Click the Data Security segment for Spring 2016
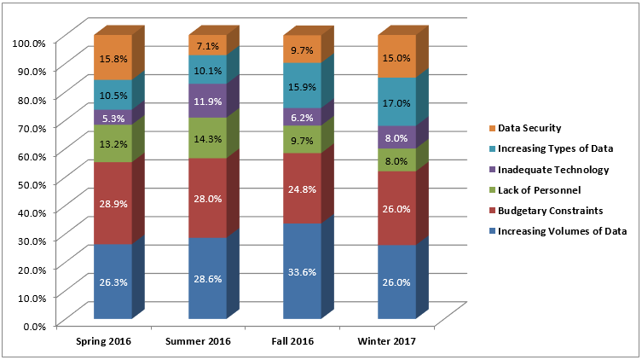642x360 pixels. pyautogui.click(x=113, y=57)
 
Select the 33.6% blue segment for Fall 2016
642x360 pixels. pyautogui.click(x=302, y=270)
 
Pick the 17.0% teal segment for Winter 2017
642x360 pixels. pyautogui.click(x=396, y=102)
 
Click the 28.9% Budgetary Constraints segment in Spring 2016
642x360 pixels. pyautogui.click(x=113, y=203)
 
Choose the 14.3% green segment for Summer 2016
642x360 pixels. pyautogui.click(x=207, y=137)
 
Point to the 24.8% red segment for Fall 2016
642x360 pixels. pyautogui.click(x=302, y=188)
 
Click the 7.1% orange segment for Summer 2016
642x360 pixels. pyautogui.click(x=207, y=45)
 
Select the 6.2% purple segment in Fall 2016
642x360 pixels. pyautogui.click(x=302, y=117)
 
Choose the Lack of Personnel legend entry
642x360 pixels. pyautogui.click(x=538, y=189)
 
